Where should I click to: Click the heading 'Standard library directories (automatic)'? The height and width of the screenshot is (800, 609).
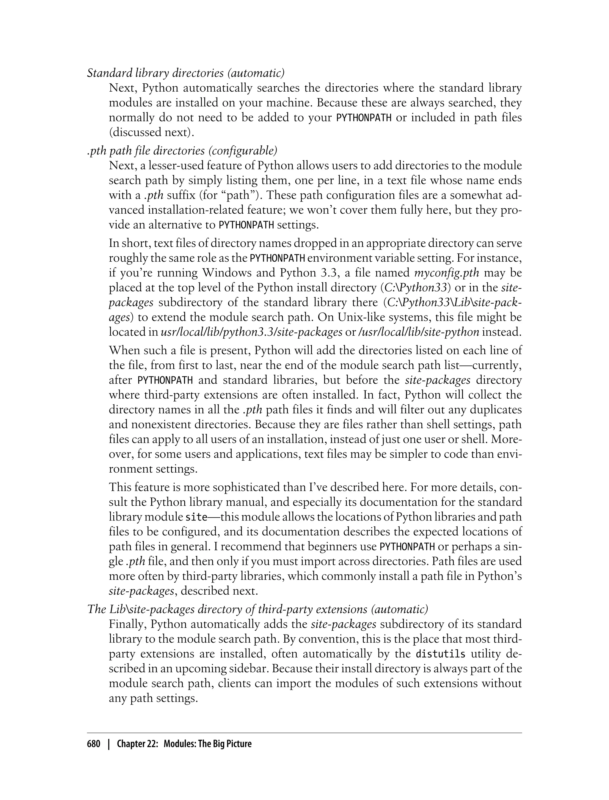(x=186, y=73)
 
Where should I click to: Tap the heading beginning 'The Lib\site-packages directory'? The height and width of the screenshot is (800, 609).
(x=258, y=609)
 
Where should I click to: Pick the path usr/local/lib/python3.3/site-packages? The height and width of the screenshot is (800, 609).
(x=252, y=332)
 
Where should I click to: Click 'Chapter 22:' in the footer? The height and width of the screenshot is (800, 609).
(x=137, y=744)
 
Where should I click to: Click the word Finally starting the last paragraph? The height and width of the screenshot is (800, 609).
(x=126, y=624)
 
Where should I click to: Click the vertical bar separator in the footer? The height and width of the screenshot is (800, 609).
(x=108, y=744)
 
